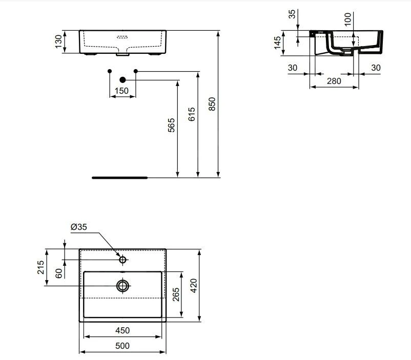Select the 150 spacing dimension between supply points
pos(122,91)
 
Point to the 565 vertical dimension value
pos(171,125)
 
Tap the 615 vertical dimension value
pos(192,114)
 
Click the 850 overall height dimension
pos(213,104)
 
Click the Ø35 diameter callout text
pos(79,227)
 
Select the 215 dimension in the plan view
pos(41,267)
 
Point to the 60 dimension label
pos(59,273)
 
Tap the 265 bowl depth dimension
pos(176,294)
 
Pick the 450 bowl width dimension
pos(122,330)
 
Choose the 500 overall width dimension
pos(122,346)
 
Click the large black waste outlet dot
pos(122,80)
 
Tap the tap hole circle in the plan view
pos(122,260)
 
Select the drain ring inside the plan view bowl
pos(122,286)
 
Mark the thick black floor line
pos(119,178)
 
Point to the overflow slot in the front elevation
pos(123,37)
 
